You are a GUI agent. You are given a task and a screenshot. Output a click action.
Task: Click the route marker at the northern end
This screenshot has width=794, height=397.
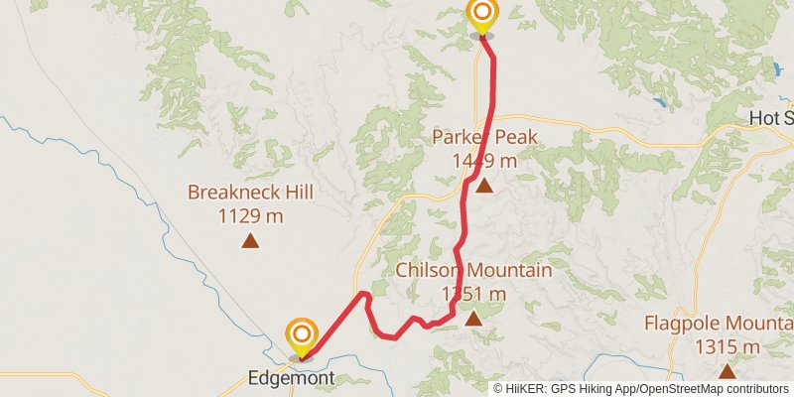coord(481,15)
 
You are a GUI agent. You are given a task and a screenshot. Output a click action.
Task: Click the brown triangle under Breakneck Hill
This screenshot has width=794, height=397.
coord(250,239)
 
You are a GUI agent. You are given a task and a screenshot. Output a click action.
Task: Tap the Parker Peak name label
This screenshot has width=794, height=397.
coord(484,137)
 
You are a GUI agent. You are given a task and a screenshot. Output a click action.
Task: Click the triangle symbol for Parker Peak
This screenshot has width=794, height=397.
coord(483,185)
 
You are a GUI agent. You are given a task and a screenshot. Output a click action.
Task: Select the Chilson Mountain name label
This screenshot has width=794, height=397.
coord(473,270)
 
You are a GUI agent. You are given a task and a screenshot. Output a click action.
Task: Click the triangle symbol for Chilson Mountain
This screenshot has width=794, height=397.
coord(472,318)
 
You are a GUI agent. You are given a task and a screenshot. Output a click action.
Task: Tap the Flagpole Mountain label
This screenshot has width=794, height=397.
coord(718,324)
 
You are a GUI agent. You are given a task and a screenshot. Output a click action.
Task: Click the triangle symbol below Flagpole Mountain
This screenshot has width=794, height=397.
coord(728,371)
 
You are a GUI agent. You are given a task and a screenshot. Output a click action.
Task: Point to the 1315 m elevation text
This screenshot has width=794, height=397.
coord(728,347)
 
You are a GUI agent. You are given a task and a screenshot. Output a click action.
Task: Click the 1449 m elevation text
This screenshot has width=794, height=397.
coord(484,161)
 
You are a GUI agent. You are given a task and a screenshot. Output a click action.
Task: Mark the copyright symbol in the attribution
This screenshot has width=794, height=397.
coord(499,388)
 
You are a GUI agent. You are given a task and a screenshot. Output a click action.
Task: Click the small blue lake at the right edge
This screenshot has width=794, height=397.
coord(776,69)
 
